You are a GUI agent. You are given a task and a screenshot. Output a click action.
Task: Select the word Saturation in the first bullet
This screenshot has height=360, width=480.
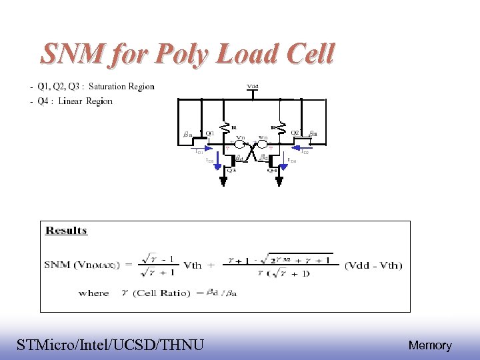coord(111,87)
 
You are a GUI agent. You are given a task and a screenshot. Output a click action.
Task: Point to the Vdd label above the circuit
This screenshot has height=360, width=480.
coord(253,87)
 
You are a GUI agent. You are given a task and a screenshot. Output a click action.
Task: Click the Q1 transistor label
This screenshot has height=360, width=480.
coord(209,133)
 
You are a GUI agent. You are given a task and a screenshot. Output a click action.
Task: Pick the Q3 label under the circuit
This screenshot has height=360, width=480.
coord(231,170)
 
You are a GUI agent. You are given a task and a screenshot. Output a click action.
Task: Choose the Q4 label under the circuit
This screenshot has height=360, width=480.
coord(273,170)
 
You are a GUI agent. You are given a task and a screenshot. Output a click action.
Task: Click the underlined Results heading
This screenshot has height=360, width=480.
coord(66,231)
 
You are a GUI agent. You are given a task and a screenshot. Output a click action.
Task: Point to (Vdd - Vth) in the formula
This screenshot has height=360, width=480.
coord(373,265)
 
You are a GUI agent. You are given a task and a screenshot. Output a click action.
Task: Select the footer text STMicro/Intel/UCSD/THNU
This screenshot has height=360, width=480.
coord(111,345)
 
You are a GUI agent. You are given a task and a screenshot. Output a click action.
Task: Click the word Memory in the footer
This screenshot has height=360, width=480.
coord(429,345)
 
